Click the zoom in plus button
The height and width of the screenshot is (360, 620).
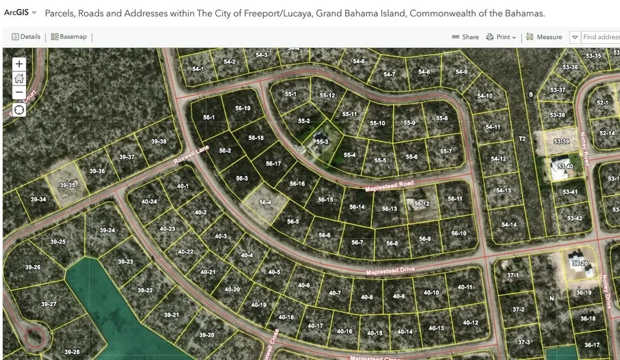pyautogui.click(x=19, y=64)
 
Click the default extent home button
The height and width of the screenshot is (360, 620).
pyautogui.click(x=19, y=78)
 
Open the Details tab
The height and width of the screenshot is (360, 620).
pyautogui.click(x=26, y=37)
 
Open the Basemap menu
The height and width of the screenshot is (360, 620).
pyautogui.click(x=68, y=37)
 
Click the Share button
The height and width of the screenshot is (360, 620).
pyautogui.click(x=465, y=37)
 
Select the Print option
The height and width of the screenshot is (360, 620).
pyautogui.click(x=501, y=37)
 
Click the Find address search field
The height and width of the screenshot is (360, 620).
pyautogui.click(x=601, y=37)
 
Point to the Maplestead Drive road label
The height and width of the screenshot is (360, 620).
pyautogui.click(x=391, y=272)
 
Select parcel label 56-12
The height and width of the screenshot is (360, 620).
pyautogui.click(x=421, y=204)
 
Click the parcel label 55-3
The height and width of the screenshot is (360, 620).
pyautogui.click(x=322, y=142)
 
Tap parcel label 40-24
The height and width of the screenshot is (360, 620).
pyautogui.click(x=149, y=201)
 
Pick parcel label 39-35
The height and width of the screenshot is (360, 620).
pyautogui.click(x=68, y=185)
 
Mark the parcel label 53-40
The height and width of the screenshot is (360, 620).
pyautogui.click(x=566, y=166)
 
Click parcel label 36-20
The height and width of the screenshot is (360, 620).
pyautogui.click(x=579, y=263)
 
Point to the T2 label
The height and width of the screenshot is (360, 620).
pyautogui.click(x=522, y=139)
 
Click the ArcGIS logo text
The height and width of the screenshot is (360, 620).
pyautogui.click(x=16, y=13)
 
